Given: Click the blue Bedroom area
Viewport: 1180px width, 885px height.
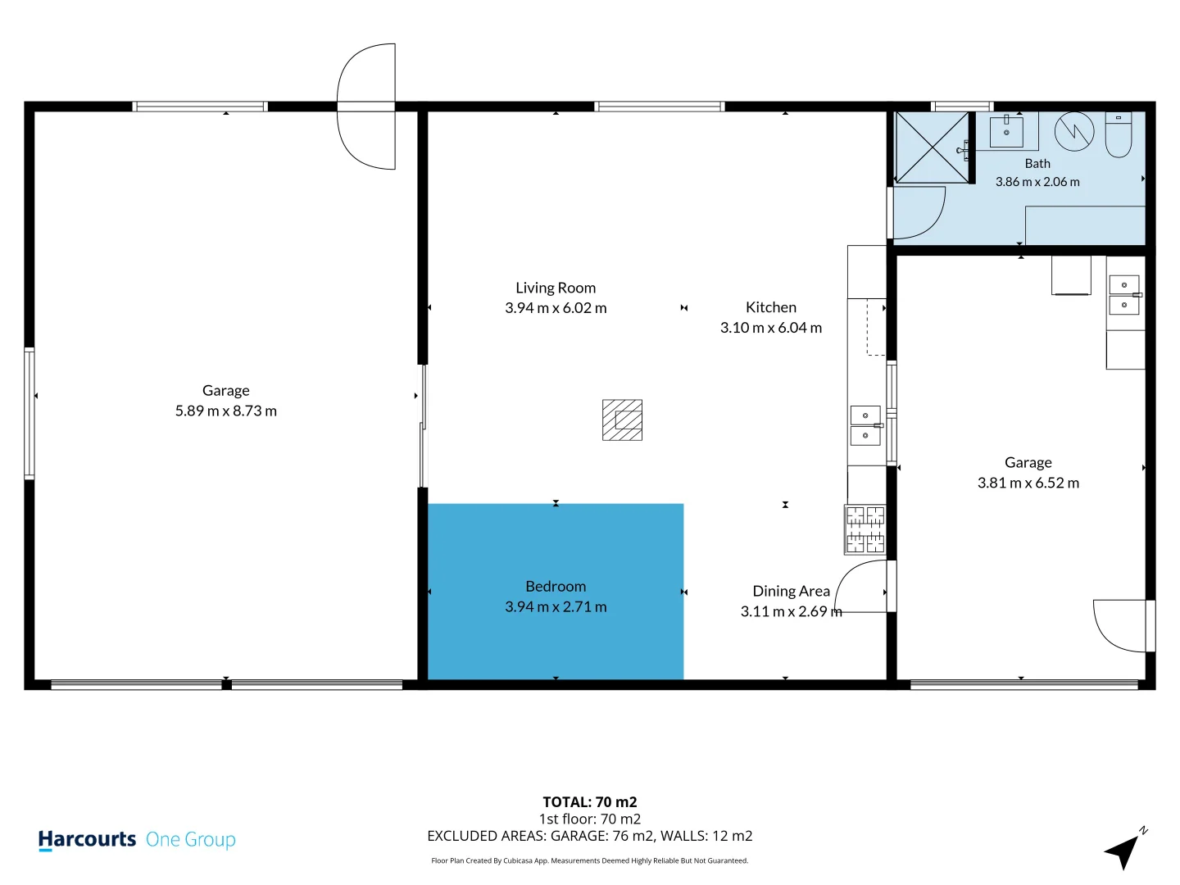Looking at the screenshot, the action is (556, 591).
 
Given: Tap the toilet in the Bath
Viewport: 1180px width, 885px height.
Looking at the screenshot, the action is (1119, 134).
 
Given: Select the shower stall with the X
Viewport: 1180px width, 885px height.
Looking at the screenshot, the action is (933, 147).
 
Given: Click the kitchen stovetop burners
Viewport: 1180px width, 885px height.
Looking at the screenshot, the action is (865, 529).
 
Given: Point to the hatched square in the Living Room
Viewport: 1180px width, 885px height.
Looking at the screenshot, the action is (622, 420).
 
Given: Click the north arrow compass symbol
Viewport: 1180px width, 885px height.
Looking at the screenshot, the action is (1123, 849).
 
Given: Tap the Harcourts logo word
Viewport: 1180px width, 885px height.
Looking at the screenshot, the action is (87, 839).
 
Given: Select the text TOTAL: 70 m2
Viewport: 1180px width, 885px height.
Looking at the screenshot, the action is (590, 801).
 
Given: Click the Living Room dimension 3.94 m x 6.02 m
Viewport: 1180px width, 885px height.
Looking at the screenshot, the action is (556, 308).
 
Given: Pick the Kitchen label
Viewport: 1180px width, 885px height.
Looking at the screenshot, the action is (771, 306).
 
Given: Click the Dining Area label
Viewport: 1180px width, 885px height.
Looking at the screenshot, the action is (792, 591).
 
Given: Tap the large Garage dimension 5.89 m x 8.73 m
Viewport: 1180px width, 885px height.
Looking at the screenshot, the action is (226, 411).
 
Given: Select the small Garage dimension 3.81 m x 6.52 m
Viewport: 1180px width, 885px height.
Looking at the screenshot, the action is (1028, 483).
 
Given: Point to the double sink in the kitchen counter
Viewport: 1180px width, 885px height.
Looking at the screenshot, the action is (865, 425).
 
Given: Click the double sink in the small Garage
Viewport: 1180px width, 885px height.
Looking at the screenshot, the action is (1124, 295).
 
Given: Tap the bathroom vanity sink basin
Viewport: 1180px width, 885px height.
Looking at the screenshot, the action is (1006, 132).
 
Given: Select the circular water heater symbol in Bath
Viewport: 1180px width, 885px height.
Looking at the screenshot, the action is (1074, 131).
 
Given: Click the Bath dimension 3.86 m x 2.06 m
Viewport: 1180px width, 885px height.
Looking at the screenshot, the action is (1037, 182).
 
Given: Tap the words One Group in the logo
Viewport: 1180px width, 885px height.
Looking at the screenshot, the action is (190, 839).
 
